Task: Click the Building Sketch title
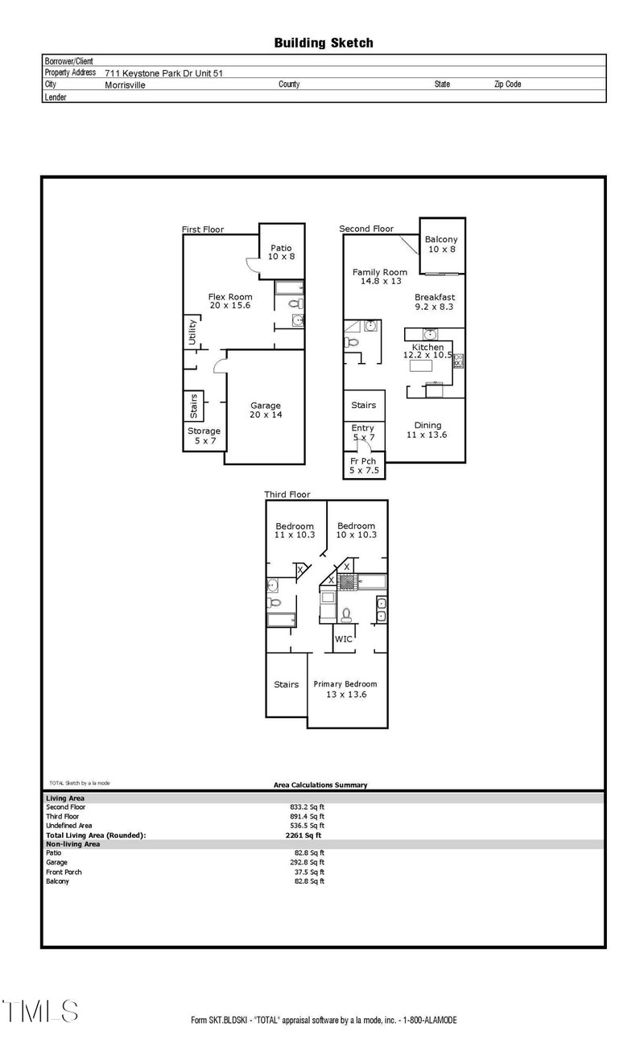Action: (x=324, y=43)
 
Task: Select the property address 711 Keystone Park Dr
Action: (x=163, y=72)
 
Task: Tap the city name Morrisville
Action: (x=125, y=85)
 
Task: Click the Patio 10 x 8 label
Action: (x=281, y=252)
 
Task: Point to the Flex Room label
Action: (x=230, y=301)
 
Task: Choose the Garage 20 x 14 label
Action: (x=265, y=410)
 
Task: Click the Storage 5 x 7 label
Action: (x=204, y=435)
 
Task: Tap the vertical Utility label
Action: (x=192, y=332)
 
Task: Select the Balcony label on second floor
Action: (x=441, y=244)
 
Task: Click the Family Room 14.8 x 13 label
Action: (x=380, y=276)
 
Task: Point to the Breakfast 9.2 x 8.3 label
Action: (x=435, y=301)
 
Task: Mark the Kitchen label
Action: (x=427, y=351)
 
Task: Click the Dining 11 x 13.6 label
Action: (x=427, y=430)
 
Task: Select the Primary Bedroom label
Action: (x=345, y=689)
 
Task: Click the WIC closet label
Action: (x=344, y=639)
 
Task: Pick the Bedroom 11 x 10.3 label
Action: (x=295, y=530)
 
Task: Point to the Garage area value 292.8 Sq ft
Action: (x=309, y=862)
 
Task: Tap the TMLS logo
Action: (x=40, y=1012)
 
